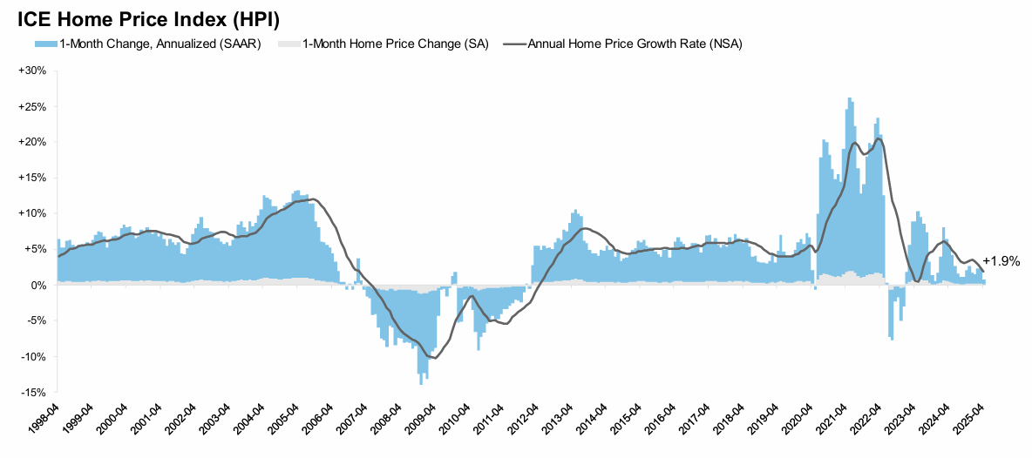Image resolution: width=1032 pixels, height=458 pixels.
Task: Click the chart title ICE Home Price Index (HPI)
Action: pyautogui.click(x=148, y=18)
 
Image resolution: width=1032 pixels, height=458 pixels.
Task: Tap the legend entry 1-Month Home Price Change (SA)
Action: pyautogui.click(x=395, y=44)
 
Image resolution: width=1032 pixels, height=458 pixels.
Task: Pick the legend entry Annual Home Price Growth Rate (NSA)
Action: pyautogui.click(x=635, y=44)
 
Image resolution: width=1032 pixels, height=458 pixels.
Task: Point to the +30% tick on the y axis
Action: pyautogui.click(x=32, y=71)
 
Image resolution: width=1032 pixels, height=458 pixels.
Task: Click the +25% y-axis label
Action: pyautogui.click(x=32, y=106)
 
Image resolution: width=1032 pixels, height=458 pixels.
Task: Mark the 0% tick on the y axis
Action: pyautogui.click(x=37, y=285)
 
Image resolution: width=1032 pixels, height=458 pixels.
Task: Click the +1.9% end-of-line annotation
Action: pyautogui.click(x=1001, y=260)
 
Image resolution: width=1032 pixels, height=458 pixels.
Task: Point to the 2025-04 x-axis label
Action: pyautogui.click(x=970, y=421)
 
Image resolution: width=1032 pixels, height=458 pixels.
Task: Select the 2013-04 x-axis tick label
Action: pyautogui.click(x=559, y=421)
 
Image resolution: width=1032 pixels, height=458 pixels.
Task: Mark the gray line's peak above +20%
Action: pyautogui.click(x=878, y=138)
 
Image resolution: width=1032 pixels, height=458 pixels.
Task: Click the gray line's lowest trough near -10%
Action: pyautogui.click(x=433, y=358)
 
